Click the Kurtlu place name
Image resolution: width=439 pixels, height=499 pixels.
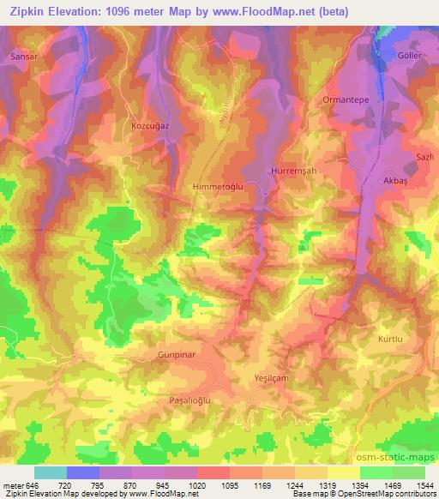(x=390, y=340)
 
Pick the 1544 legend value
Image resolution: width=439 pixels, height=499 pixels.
(x=425, y=484)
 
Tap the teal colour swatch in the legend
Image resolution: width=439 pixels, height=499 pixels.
(x=51, y=472)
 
